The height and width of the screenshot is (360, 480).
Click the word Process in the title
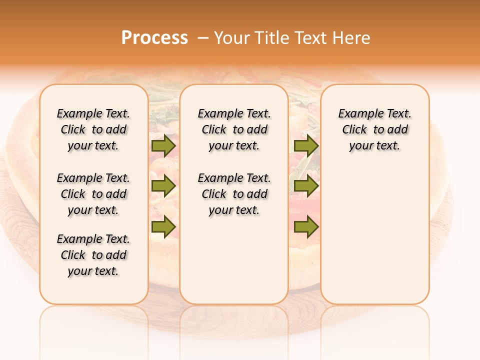(154, 38)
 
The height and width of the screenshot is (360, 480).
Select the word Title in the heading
(272, 38)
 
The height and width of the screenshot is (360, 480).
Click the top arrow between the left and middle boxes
(163, 145)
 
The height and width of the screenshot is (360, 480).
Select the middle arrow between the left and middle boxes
(163, 186)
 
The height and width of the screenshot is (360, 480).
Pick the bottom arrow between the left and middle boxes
(163, 227)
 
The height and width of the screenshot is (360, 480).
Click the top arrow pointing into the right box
(306, 145)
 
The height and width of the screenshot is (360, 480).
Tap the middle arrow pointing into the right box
(306, 186)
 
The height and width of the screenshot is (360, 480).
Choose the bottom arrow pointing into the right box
(306, 227)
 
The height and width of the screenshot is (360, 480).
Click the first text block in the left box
(93, 129)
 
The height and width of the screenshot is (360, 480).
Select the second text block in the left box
(93, 194)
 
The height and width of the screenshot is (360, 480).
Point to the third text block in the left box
(93, 255)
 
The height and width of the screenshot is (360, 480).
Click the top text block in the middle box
(234, 129)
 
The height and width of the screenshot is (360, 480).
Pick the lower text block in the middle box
(234, 194)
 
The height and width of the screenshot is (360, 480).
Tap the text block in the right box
(374, 129)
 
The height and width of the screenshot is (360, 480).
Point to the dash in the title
(203, 38)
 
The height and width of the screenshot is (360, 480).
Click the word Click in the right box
(354, 130)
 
